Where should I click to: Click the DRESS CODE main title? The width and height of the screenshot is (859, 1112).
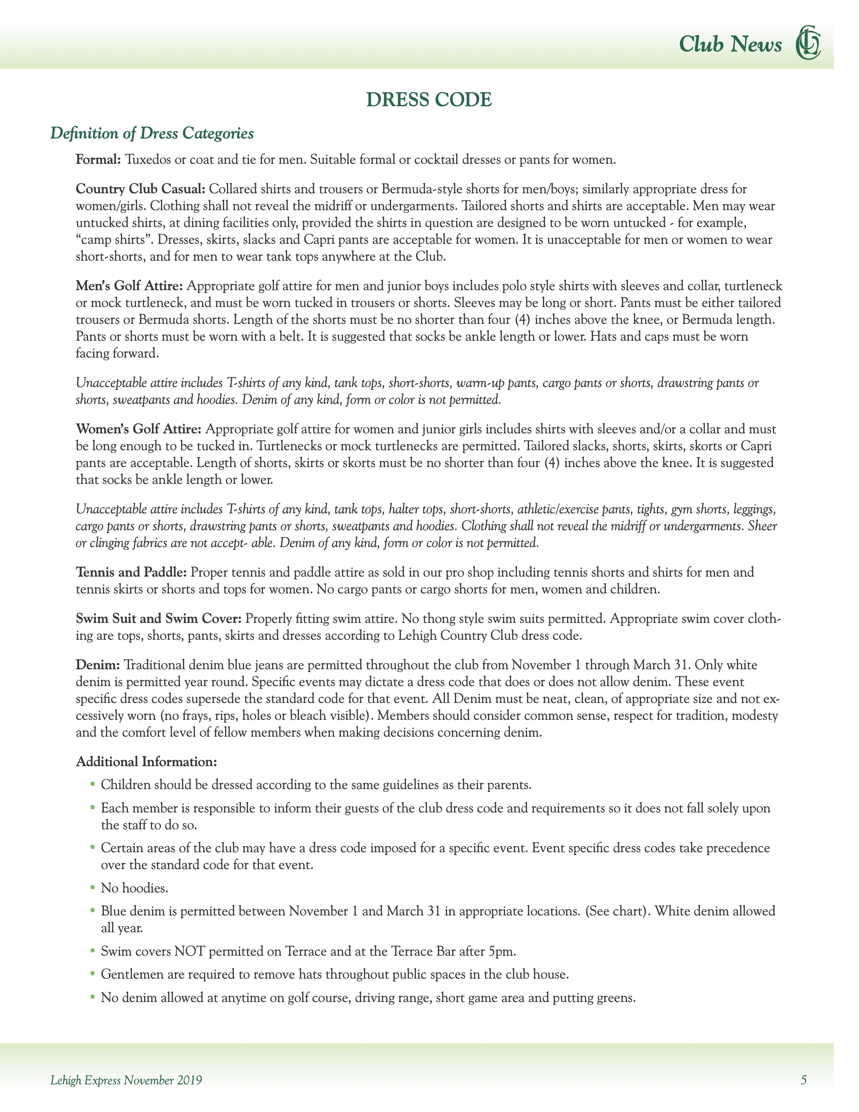tap(429, 100)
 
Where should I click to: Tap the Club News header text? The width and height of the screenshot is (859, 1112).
tap(730, 45)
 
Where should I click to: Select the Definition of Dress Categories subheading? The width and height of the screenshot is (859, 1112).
tap(152, 133)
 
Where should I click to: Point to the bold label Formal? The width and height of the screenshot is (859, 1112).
tap(98, 160)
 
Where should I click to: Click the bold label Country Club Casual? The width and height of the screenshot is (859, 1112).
tap(140, 190)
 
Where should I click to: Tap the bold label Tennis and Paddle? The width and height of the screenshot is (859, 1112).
tap(131, 572)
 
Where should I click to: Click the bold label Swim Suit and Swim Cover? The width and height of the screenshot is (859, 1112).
tap(159, 619)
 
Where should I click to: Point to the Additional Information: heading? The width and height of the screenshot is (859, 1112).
tap(146, 762)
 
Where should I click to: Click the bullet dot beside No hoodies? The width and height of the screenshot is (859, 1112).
tap(93, 887)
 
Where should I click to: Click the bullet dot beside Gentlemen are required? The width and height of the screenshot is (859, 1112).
tap(93, 973)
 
